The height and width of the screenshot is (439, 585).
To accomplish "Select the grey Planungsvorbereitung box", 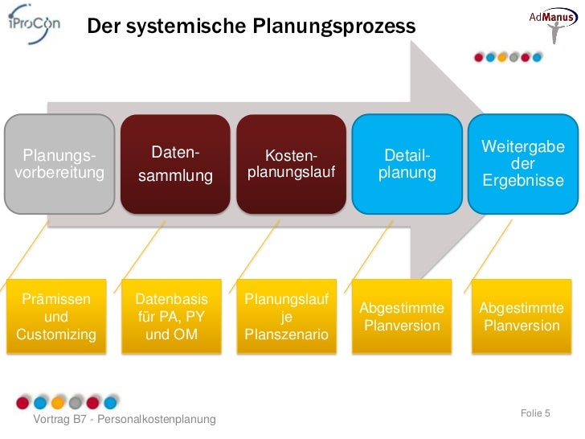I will (59, 164).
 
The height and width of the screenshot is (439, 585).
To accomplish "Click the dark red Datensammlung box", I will (175, 164).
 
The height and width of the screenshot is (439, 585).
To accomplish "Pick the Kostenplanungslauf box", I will (291, 164).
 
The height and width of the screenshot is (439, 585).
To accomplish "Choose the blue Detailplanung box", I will (407, 164).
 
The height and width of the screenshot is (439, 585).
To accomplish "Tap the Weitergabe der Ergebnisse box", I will (523, 164).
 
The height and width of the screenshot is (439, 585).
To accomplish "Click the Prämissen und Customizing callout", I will (56, 318).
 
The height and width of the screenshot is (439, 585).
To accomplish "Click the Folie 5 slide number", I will (535, 413).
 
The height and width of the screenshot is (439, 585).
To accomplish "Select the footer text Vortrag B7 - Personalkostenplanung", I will (124, 421).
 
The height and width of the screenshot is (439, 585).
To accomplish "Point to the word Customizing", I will (56, 334).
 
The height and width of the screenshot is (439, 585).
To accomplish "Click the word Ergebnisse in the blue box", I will (523, 181).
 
